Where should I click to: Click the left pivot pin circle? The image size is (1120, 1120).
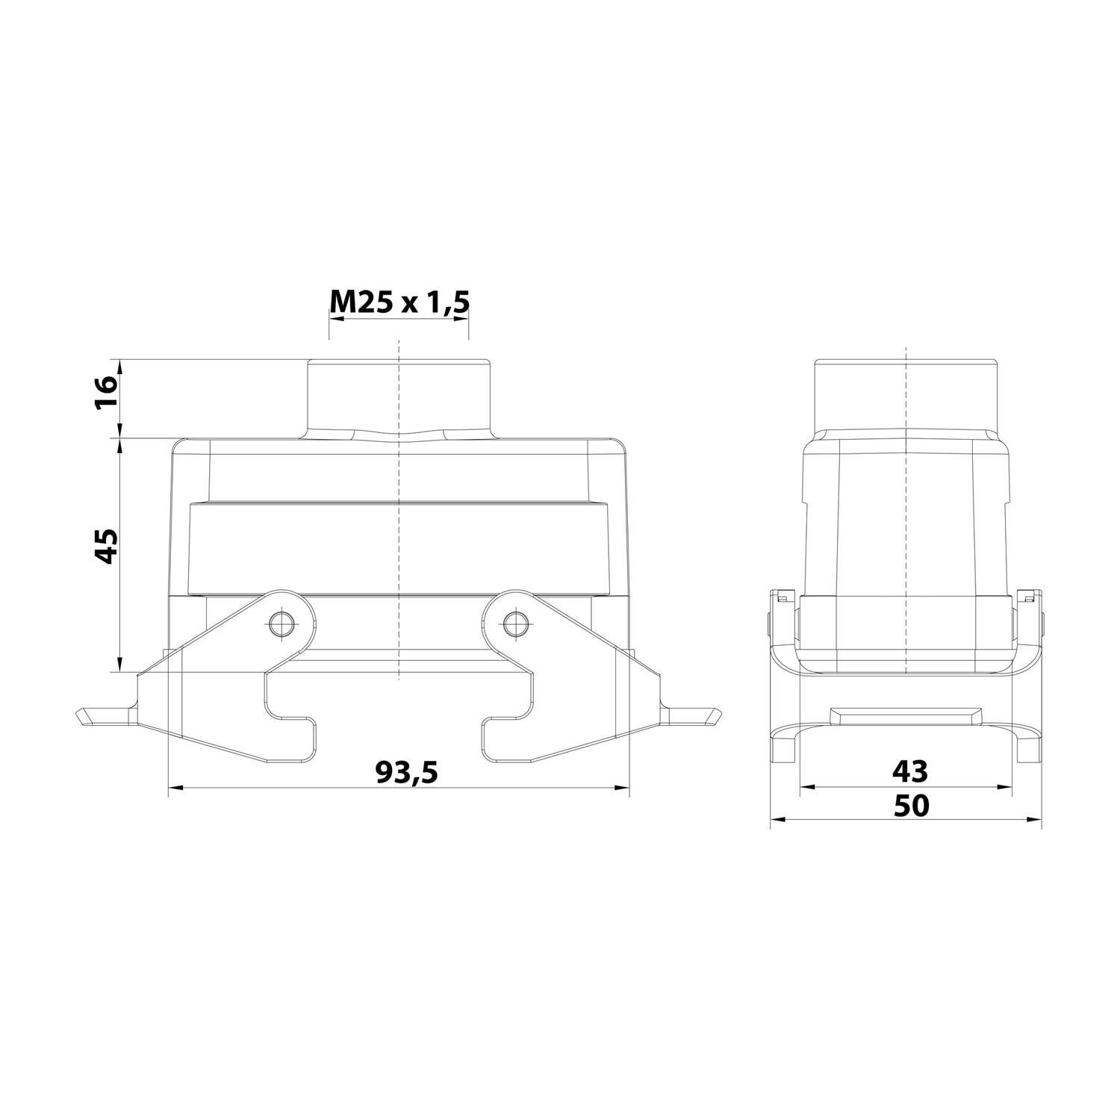tap(281, 623)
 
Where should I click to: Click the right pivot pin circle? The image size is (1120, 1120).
tap(513, 623)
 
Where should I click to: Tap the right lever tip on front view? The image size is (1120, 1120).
tap(715, 717)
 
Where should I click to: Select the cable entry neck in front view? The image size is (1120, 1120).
tap(399, 396)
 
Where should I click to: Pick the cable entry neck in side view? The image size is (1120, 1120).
tap(906, 396)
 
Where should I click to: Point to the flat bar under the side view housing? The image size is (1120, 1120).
tap(906, 716)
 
